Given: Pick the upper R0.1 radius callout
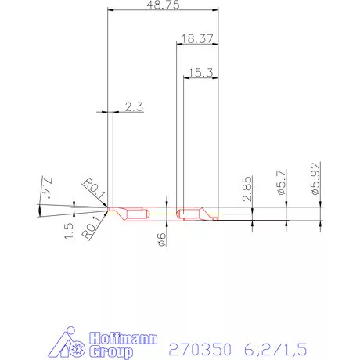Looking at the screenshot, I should click(x=95, y=188).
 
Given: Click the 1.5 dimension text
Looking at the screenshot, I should click(x=69, y=231).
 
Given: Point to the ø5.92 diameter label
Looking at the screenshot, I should click(x=315, y=178).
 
